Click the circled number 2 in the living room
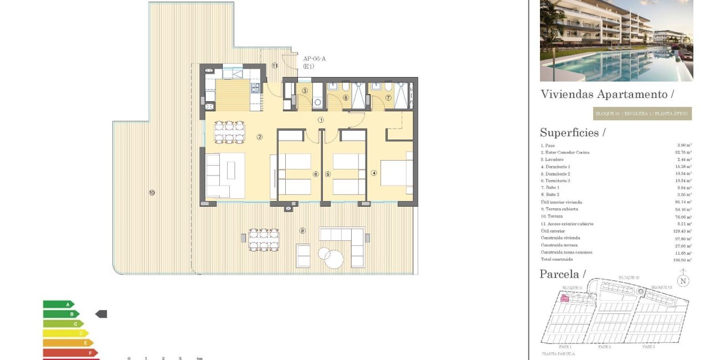pyautogui.click(x=259, y=137)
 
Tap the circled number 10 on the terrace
pyautogui.click(x=151, y=193)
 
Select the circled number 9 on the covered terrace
pyautogui.click(x=302, y=230)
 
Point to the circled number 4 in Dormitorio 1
pyautogui.click(x=374, y=173)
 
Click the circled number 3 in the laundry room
pyautogui.click(x=305, y=90)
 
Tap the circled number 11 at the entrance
pyautogui.click(x=275, y=65)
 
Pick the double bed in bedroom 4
pyautogui.click(x=396, y=173)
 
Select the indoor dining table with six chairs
pyautogui.click(x=229, y=132)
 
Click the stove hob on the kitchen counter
pyautogui.click(x=255, y=88)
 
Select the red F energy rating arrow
pyautogui.click(x=70, y=352)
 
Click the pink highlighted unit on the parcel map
pyautogui.click(x=565, y=299)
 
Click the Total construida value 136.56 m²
pyautogui.click(x=683, y=259)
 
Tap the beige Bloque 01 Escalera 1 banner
pyautogui.click(x=642, y=114)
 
